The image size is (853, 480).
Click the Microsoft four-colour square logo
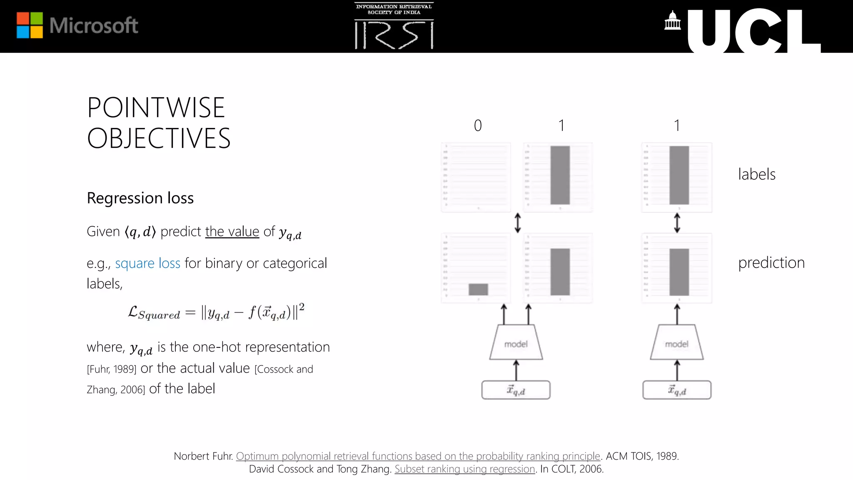[x=30, y=25]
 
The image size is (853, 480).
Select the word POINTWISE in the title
[x=156, y=107]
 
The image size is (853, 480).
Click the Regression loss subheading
[x=140, y=198]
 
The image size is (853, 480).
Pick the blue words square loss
[x=147, y=263]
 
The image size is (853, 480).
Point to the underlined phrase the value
[x=232, y=231]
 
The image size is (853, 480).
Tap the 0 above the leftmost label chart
[x=478, y=125]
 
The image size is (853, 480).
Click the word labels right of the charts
[x=756, y=174]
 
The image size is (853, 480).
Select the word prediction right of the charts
[x=771, y=262]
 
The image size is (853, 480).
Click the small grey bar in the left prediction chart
[x=478, y=289]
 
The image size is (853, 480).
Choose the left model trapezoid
[x=516, y=343]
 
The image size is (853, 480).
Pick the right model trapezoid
[x=677, y=343]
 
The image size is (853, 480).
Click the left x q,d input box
[x=516, y=390]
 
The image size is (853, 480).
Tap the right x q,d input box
[x=677, y=390]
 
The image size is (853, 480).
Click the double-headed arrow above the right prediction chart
[x=677, y=223]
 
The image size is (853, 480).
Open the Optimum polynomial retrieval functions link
[x=418, y=456]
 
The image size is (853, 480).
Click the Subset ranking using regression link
[x=464, y=469]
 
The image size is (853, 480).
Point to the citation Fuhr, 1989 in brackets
[x=112, y=370]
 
